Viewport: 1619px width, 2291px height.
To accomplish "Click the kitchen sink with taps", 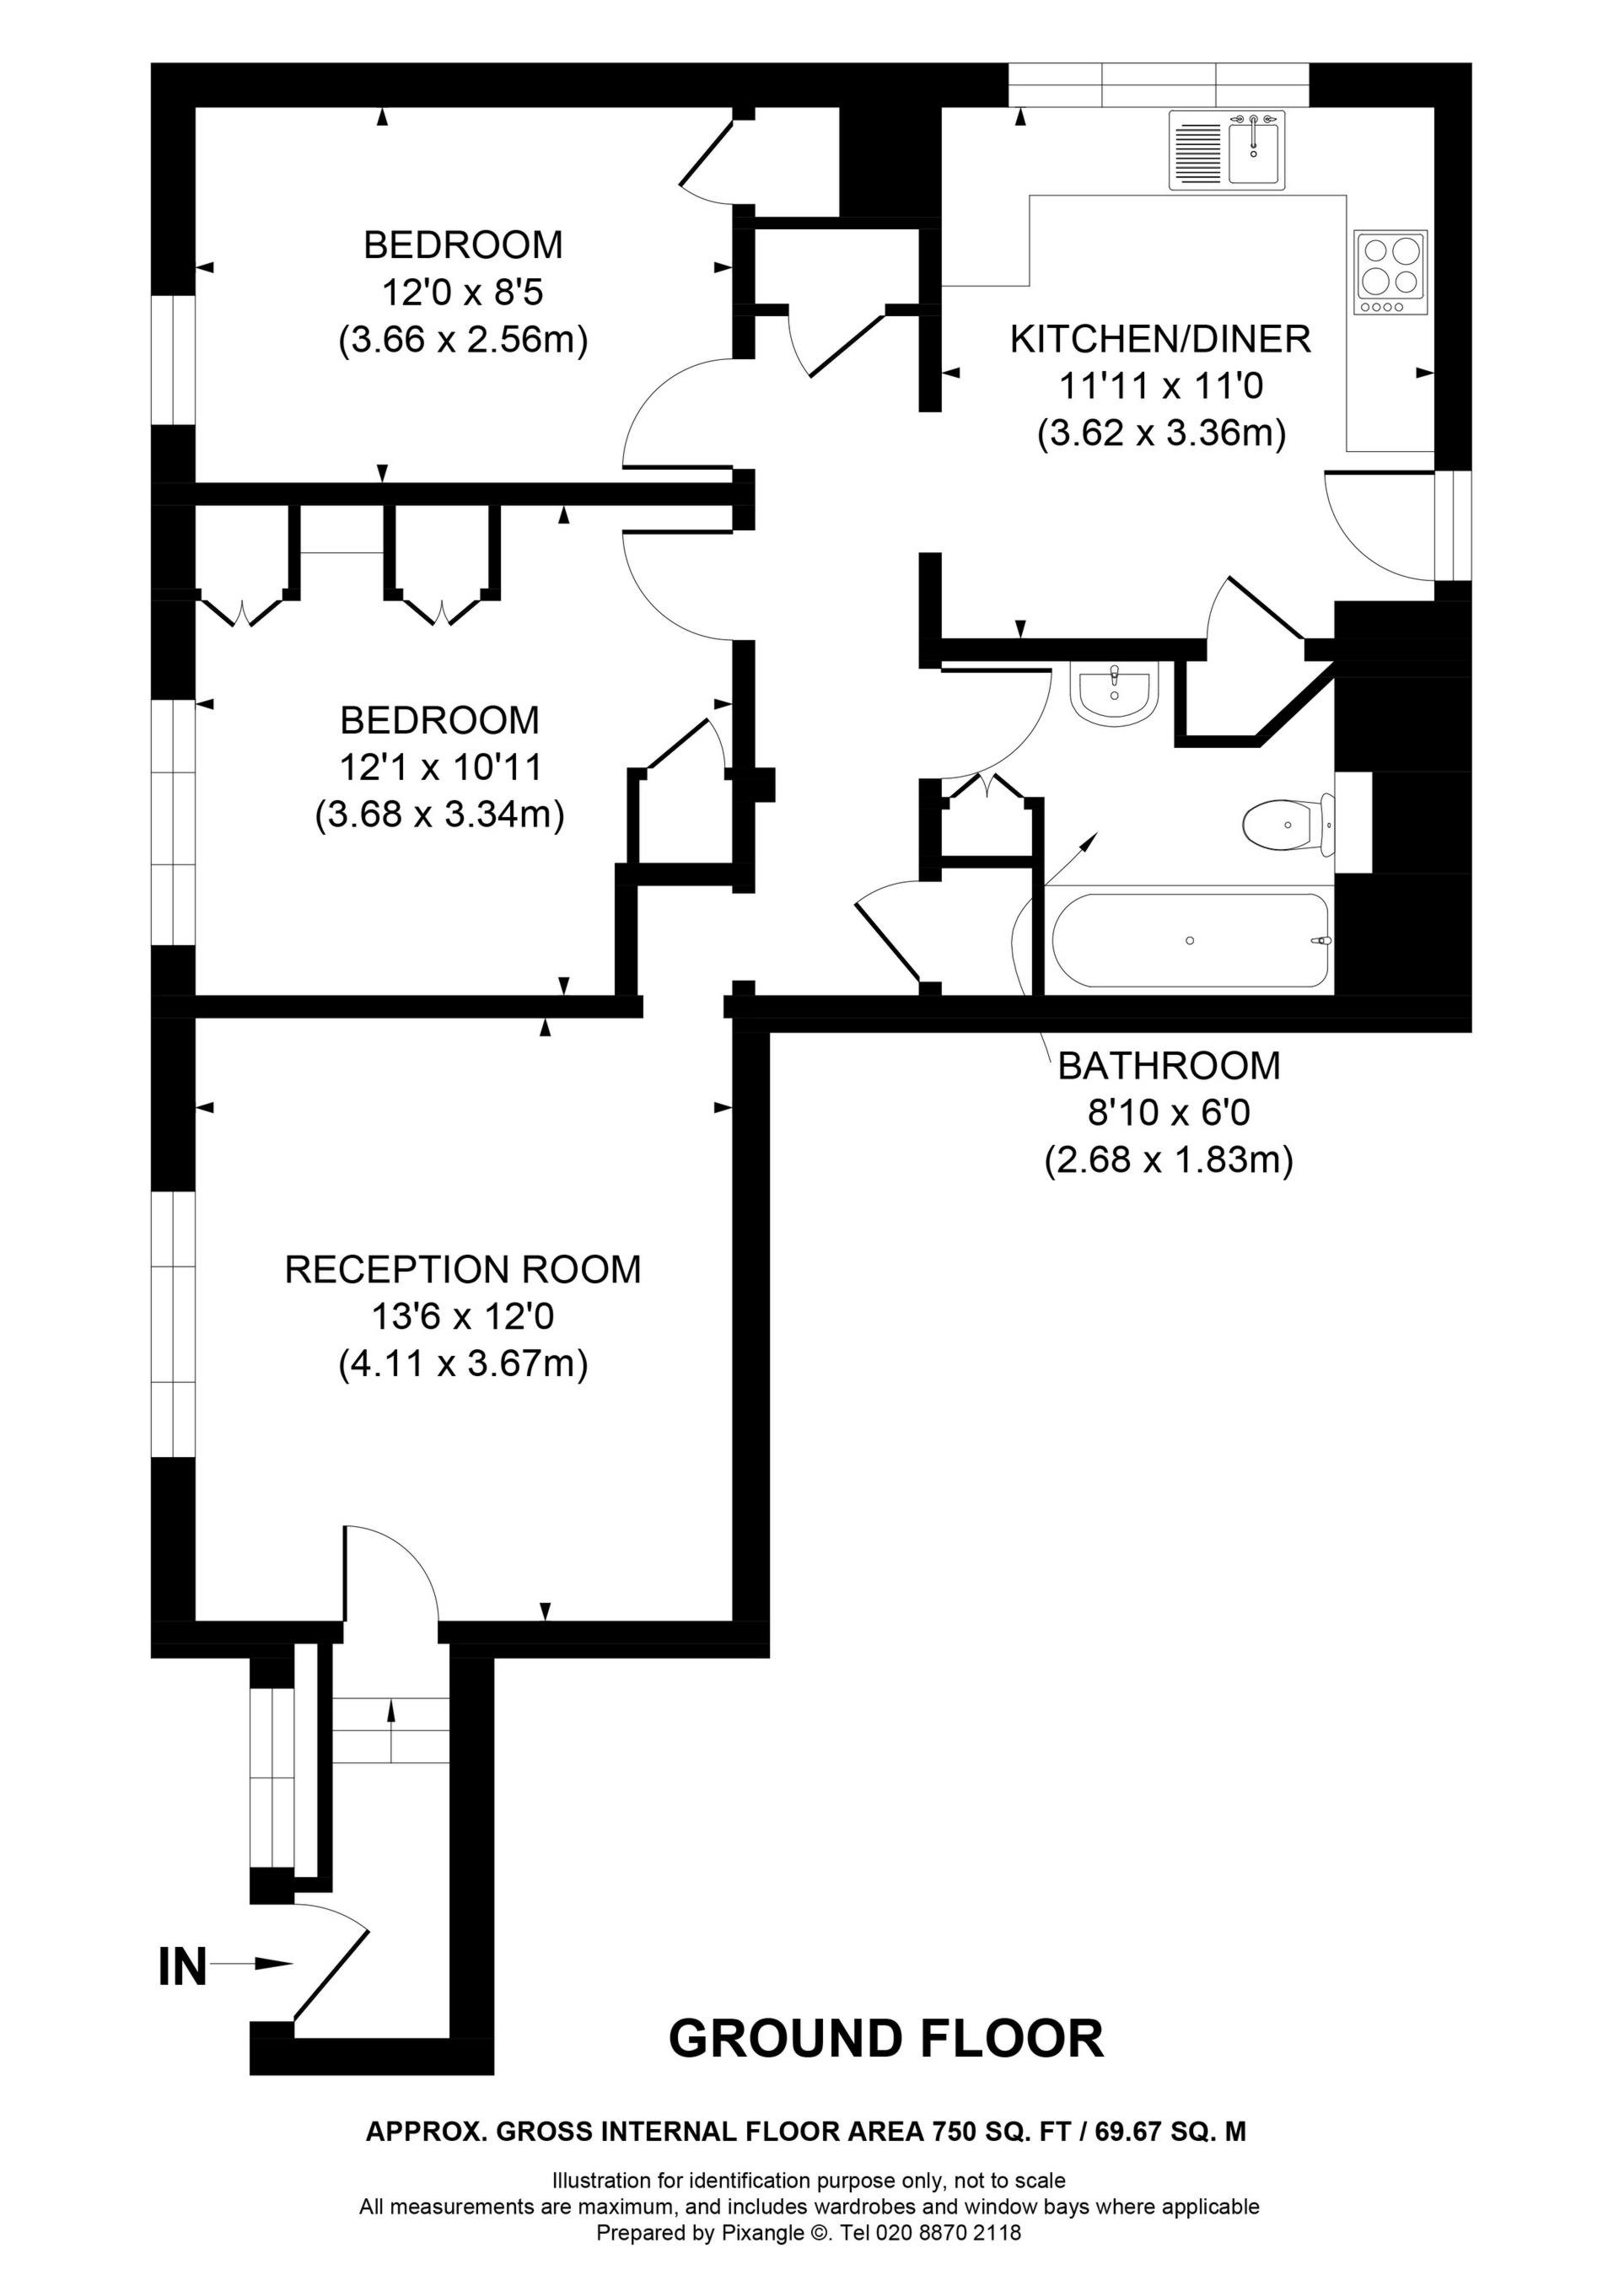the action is coord(1228,150).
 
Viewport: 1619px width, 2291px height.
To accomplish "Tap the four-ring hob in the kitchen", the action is coord(1391,273).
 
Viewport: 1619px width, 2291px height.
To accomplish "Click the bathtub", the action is coord(1191,940).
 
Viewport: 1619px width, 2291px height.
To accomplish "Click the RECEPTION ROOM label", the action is coord(463,1269).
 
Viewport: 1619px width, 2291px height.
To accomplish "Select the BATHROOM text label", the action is coord(1169,1066).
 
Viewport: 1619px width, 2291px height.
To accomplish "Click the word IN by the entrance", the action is coord(183,1969).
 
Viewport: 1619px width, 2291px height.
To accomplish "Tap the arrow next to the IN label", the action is coord(250,1964).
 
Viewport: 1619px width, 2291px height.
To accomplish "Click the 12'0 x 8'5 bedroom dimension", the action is coord(462,292).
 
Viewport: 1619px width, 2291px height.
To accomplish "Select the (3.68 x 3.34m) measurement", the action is coord(440,815).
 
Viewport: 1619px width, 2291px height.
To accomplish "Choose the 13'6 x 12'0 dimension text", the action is coord(463,1316).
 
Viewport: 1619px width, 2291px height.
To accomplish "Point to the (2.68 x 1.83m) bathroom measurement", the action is coord(1169,1160).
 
